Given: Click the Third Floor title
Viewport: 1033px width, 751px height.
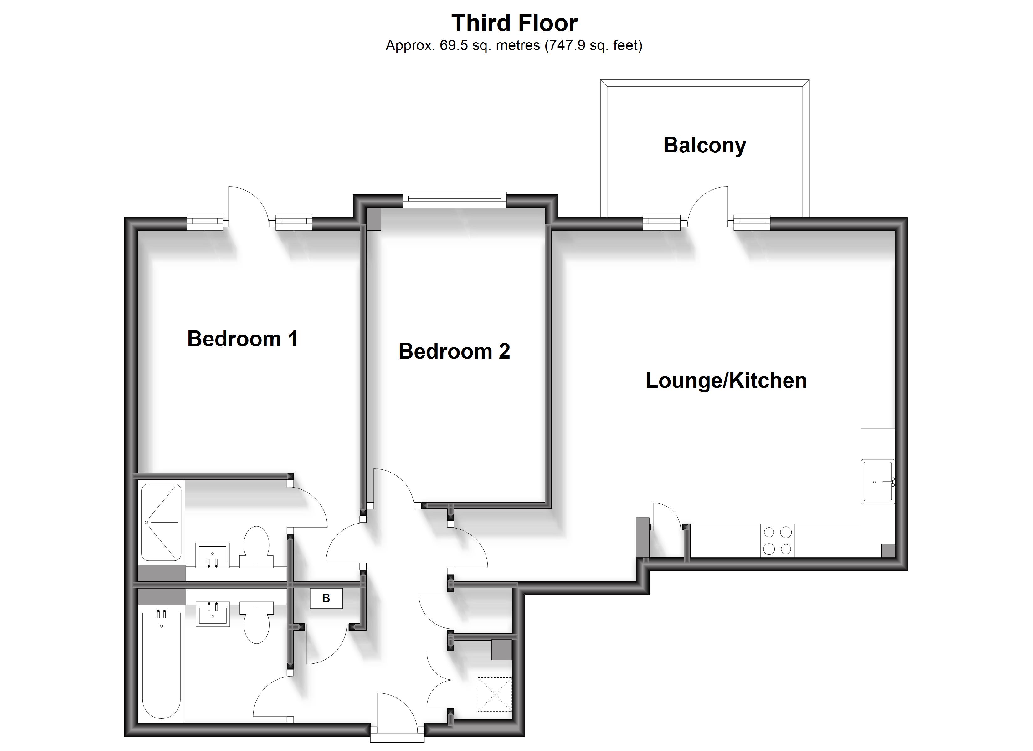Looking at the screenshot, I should [x=514, y=23].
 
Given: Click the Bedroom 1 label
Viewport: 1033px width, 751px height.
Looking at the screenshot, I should [x=242, y=339].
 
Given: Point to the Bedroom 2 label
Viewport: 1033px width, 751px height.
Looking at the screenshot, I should [x=454, y=351].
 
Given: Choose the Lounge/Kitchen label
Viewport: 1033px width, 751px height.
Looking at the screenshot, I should [x=726, y=381].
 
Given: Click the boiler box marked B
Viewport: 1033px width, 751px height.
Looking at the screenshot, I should [x=326, y=598].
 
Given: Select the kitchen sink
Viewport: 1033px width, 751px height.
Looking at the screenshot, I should [x=877, y=481].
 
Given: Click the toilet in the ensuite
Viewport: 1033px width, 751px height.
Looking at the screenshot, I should [x=256, y=547].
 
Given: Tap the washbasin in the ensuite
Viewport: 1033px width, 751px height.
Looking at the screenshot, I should [x=212, y=555].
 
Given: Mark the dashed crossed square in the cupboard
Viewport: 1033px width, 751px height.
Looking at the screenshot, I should [x=494, y=694].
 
